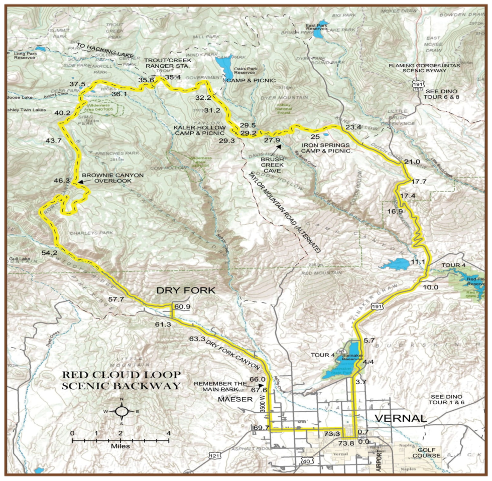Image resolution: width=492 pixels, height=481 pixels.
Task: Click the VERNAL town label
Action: [x=401, y=418]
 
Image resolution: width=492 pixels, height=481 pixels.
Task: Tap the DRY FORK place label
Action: [x=186, y=290]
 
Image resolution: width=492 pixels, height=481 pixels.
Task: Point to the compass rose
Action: [x=122, y=411]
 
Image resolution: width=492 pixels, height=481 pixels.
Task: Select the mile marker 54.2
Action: [x=49, y=253]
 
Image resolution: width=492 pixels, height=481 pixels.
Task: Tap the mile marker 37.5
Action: [x=78, y=84]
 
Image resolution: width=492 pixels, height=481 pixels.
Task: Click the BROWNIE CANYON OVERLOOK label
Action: [x=112, y=178]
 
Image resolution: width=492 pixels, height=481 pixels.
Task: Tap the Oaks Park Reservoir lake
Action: [x=221, y=65]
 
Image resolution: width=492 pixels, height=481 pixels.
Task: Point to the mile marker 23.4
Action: [x=353, y=127]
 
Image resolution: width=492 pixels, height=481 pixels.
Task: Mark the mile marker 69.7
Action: [x=261, y=427]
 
